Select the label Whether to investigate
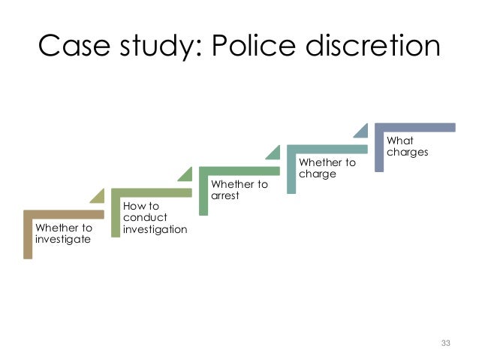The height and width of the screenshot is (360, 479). tap(64, 233)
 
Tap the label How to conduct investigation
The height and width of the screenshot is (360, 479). tap(154, 217)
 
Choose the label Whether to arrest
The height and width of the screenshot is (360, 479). tap(238, 190)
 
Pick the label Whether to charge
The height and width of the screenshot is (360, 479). tap(327, 168)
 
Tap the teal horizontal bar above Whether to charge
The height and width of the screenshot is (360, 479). tap(327, 149)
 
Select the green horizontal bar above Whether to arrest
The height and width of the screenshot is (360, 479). tap(239, 171)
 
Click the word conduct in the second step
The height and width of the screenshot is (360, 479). tap(139, 217)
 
